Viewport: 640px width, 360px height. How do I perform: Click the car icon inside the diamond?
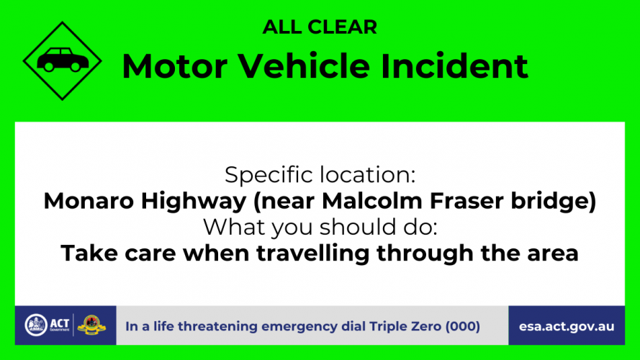click(63, 60)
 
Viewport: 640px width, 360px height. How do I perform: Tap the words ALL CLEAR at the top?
click(320, 27)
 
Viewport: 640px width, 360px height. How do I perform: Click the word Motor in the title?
click(175, 66)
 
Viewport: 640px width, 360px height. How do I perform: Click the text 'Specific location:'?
click(320, 175)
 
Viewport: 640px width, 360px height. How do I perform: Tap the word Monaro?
click(89, 201)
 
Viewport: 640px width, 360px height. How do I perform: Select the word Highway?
click(194, 202)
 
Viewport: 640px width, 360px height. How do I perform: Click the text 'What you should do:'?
click(320, 227)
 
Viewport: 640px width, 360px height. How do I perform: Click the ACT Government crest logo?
click(36, 325)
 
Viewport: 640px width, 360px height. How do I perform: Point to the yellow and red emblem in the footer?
click(91, 325)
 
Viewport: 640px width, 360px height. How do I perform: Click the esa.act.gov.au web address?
click(567, 327)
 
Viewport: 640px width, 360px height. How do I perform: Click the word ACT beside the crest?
click(60, 324)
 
